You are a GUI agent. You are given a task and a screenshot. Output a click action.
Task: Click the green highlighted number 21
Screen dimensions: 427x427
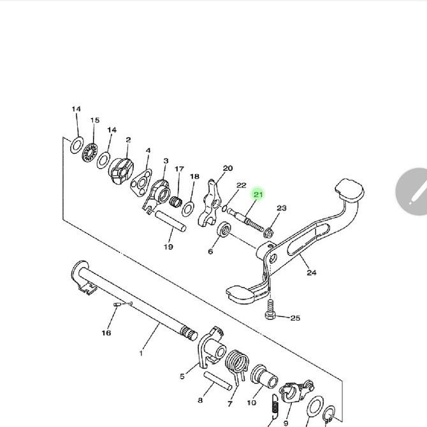(257, 194)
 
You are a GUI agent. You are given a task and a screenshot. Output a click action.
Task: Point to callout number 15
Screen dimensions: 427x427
(95, 120)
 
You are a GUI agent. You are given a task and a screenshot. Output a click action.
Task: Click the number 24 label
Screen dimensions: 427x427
(311, 273)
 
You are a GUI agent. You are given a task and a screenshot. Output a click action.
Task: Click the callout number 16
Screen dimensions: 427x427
(106, 333)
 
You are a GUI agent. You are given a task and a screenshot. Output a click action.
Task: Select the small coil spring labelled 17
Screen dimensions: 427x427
(175, 204)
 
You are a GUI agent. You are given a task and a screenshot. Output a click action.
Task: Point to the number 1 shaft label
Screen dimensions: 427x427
(141, 352)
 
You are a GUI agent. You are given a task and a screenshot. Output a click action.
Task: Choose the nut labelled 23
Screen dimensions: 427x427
(269, 232)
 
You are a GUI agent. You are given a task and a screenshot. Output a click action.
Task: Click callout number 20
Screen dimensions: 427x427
(228, 169)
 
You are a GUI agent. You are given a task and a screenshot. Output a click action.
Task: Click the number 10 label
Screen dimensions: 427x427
(252, 403)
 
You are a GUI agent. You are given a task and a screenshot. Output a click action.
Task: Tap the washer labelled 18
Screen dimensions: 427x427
(189, 208)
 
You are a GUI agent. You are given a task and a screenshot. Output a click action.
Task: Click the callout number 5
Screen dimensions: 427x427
(182, 376)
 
